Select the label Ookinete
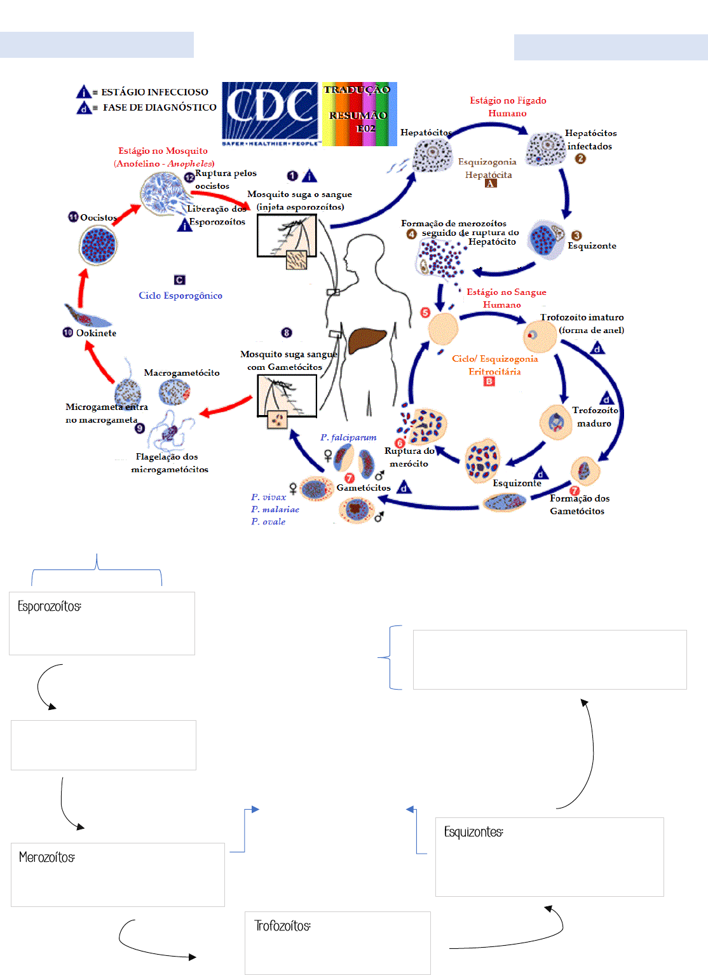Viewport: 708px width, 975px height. pos(96,333)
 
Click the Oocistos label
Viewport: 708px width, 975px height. pos(99,217)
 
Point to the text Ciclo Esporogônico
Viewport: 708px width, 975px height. pos(180,296)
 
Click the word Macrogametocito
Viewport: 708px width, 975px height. pos(182,373)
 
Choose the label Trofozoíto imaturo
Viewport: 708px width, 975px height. pos(582,317)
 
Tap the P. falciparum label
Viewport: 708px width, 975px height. pos(348,437)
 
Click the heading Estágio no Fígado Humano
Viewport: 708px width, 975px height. pos(508,107)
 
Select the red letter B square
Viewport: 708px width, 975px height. pos(489,381)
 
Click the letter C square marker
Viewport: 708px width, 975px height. pos(180,280)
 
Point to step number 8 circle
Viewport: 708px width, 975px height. pos(287,333)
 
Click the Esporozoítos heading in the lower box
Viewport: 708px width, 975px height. pos(50,606)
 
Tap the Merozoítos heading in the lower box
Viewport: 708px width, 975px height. pos(47,857)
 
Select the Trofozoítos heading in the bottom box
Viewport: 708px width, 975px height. pos(283,926)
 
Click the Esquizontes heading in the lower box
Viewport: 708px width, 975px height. pos(473,832)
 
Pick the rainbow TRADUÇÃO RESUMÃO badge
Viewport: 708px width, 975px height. pos(360,114)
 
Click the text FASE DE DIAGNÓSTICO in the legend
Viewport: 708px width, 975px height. pos(160,107)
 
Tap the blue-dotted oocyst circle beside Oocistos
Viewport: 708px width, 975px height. pos(99,245)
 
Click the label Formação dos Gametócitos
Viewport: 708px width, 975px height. pos(578,505)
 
